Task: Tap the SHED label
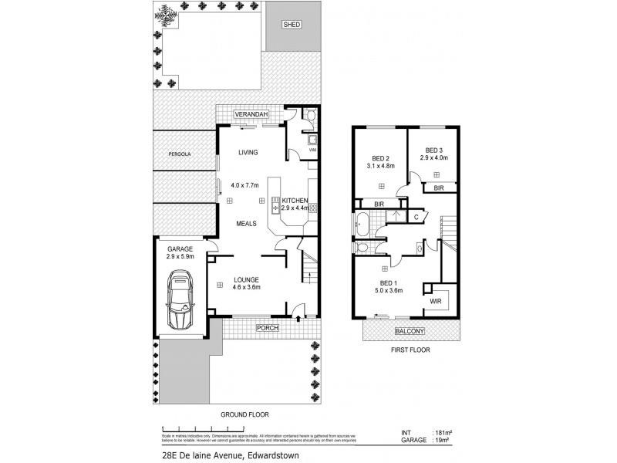pos(292,25)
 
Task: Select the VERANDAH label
pos(251,115)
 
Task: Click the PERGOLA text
pos(179,154)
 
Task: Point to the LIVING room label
pos(248,152)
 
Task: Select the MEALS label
pos(247,223)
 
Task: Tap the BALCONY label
pos(410,331)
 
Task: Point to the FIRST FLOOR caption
pos(410,350)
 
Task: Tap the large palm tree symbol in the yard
pos(166,15)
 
